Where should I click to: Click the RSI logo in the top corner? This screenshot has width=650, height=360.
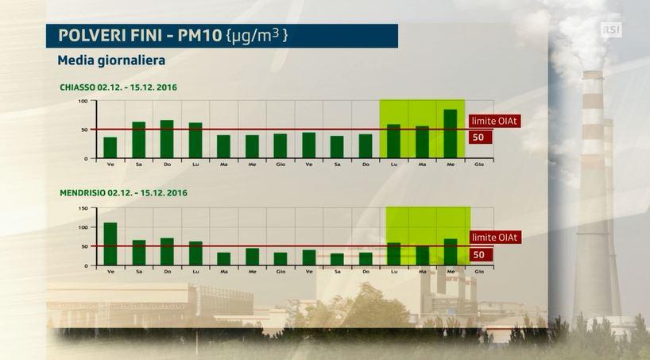[x=611, y=29]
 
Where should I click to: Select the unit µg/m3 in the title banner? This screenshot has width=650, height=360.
[x=257, y=36]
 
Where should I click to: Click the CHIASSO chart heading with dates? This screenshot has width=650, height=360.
[x=118, y=87]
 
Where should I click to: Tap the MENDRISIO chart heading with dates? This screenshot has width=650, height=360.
[x=123, y=193]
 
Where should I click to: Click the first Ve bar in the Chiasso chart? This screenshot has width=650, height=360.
[x=110, y=148]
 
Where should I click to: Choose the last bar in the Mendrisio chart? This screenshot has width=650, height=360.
[x=450, y=252]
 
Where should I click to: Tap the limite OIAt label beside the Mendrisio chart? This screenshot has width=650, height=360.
[x=495, y=238]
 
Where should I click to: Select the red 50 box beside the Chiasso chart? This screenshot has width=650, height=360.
[x=479, y=137]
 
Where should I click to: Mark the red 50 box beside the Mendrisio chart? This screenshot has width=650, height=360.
[x=479, y=254]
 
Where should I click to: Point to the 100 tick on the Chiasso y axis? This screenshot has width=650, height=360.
[x=83, y=102]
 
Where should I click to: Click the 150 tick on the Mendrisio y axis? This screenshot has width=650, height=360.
[x=83, y=208]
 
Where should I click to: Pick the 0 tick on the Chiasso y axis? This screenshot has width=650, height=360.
[x=87, y=159]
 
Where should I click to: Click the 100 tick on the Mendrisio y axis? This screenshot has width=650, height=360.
[x=83, y=227]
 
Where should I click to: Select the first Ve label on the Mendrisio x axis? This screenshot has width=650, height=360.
[x=110, y=273]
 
